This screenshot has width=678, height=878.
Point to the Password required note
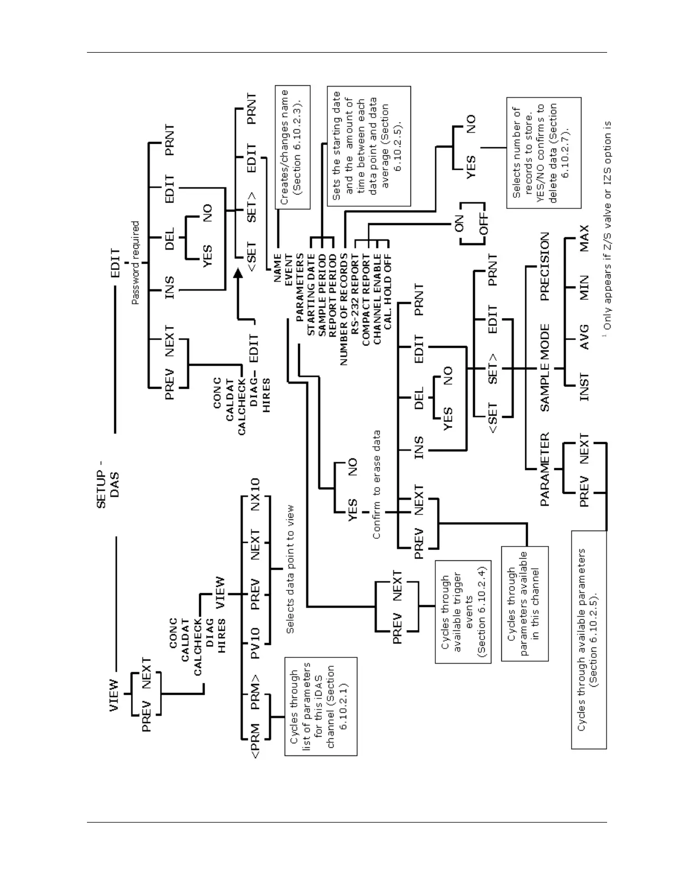coord(135,263)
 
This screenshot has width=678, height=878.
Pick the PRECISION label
coord(545,266)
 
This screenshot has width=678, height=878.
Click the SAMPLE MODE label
coord(545,367)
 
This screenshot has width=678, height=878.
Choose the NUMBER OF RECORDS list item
coord(344,309)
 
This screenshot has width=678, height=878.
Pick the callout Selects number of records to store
coord(543,152)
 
